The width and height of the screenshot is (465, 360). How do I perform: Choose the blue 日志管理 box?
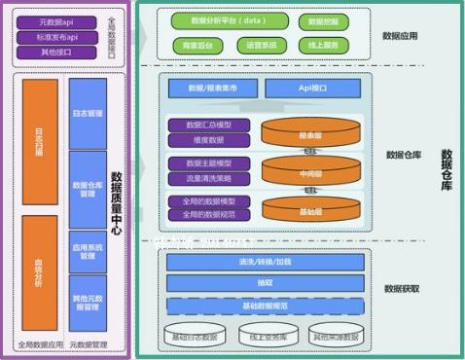coord(88,114)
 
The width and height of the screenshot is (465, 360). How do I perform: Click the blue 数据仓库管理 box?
coord(88,188)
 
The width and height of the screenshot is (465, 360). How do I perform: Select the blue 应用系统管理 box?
coord(88,252)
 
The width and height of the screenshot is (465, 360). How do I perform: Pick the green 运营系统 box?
coord(261,45)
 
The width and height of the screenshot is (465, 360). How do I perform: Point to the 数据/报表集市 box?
coord(214,89)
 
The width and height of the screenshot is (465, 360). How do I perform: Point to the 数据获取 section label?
coord(402,289)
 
